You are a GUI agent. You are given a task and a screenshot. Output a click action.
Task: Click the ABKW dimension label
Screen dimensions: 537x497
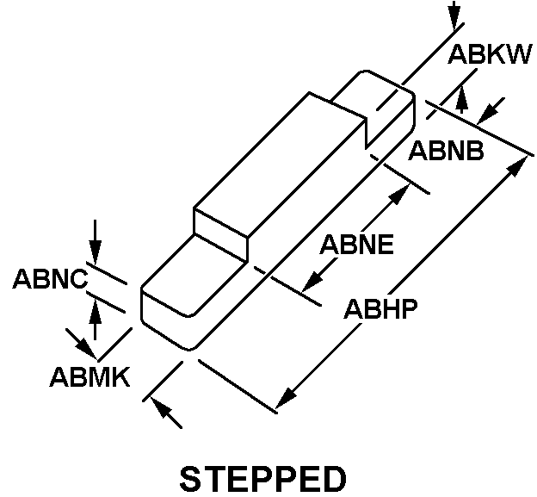[490, 54]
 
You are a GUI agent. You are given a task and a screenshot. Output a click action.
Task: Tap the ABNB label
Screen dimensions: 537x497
[446, 151]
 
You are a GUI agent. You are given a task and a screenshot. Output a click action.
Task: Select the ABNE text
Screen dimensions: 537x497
[356, 244]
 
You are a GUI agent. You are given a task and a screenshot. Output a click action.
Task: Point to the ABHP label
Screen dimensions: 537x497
[381, 309]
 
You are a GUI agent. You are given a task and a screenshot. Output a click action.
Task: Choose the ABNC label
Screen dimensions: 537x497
[50, 278]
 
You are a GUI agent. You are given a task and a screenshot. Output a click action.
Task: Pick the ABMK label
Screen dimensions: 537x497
[89, 376]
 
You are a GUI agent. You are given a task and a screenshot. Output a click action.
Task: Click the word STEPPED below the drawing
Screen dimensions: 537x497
[263, 479]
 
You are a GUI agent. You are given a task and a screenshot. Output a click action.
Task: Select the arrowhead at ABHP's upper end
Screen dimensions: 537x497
[517, 166]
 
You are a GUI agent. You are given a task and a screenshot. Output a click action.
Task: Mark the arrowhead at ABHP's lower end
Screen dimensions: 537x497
[286, 398]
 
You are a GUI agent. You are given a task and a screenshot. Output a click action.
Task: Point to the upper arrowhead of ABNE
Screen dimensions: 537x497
[400, 195]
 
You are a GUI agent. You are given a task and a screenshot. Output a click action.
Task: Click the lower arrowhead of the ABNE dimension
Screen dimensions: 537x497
[312, 282]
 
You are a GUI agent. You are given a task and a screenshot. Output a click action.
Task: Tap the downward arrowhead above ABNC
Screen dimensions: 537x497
[96, 252]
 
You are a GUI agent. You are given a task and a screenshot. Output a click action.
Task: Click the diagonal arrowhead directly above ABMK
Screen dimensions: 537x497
[85, 348]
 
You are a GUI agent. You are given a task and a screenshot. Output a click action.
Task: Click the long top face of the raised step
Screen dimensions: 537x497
[279, 165]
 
